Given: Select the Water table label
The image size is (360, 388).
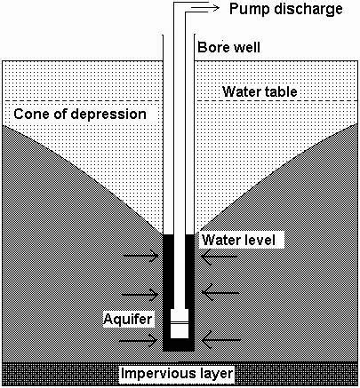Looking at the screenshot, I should (x=260, y=91).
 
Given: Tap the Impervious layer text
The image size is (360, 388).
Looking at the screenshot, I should (x=176, y=374).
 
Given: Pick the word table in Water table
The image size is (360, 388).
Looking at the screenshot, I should (x=281, y=91).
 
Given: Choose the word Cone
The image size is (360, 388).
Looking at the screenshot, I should (x=28, y=114).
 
